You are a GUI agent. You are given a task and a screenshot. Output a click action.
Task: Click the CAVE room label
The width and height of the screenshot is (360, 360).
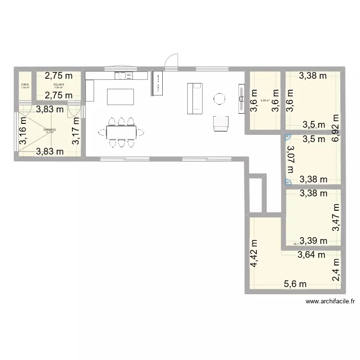point(25,85)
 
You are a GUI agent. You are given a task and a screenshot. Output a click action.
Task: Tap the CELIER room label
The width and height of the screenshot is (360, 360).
point(59,85)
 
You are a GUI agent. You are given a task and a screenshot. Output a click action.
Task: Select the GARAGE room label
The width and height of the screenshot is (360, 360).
point(49,130)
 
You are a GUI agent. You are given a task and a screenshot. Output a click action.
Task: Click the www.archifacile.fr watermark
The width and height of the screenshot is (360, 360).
point(330,301)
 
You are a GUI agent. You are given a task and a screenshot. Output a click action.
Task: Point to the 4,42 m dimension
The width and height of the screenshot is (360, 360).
point(253,254)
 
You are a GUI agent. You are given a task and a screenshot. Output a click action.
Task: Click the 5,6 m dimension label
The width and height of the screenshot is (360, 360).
point(296,284)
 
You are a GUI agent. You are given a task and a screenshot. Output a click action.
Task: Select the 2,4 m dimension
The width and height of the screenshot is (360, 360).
point(336,270)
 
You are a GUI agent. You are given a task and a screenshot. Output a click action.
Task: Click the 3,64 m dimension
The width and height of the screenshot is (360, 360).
point(312,255)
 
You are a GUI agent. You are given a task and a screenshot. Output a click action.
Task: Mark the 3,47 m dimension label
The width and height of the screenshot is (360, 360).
point(336,217)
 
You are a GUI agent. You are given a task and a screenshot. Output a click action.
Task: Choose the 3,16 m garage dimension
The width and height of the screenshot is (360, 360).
point(23,135)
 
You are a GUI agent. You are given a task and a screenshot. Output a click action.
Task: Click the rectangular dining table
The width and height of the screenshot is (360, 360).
point(121,131)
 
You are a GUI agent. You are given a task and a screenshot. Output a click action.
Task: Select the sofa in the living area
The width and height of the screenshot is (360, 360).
point(194,99)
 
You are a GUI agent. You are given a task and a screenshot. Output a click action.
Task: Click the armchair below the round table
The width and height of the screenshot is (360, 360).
point(220,123)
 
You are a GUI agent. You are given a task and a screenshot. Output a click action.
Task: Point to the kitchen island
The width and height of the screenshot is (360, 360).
point(120,96)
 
